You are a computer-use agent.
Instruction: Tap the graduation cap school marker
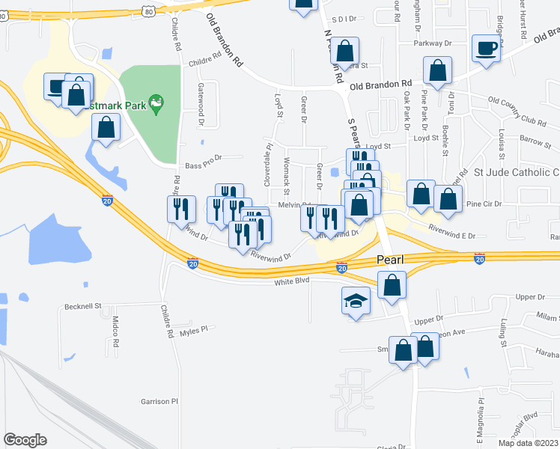(x=356, y=302)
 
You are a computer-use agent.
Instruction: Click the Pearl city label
(x=389, y=260)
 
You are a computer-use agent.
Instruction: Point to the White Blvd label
(x=291, y=281)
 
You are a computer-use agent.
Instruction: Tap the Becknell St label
(x=82, y=306)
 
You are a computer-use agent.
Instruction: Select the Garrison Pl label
(x=159, y=402)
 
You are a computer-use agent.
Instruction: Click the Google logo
(x=25, y=440)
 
